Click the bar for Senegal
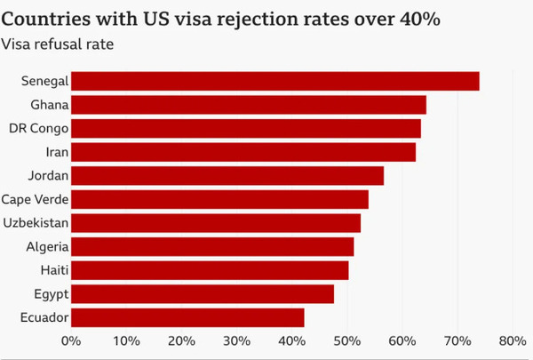[x=275, y=81]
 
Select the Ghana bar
[x=249, y=105]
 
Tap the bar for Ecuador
[x=187, y=317]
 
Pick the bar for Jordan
[x=227, y=176]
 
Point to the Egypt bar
[x=203, y=294]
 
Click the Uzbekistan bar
[x=216, y=223]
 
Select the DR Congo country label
[x=39, y=129]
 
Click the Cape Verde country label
[x=35, y=199]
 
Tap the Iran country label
[x=57, y=152]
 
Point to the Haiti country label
[x=55, y=270]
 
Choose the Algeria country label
[x=47, y=247]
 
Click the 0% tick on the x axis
[x=71, y=340]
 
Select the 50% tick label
[x=347, y=340]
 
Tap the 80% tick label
[x=513, y=340]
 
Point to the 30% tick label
[x=236, y=340]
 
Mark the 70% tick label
[x=457, y=340]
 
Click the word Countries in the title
[x=46, y=19]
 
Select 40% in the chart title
[x=420, y=19]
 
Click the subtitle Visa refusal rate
[x=58, y=44]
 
